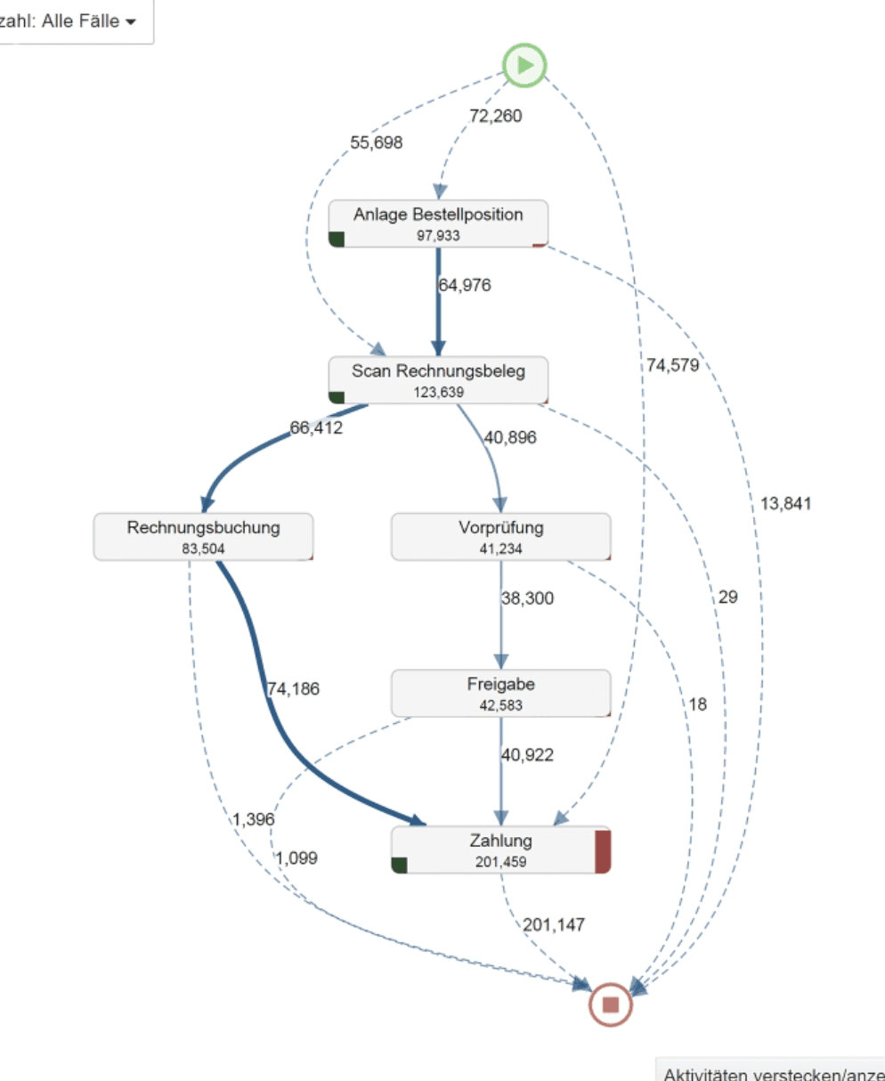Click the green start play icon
524,65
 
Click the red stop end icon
611,1004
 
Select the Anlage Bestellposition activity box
438,224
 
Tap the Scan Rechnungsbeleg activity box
438,380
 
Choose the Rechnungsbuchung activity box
203,537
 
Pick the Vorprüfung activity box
500,537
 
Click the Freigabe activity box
500,694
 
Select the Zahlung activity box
500,850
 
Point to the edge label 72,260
496,116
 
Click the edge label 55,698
376,142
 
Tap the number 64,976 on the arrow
465,286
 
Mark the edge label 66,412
316,428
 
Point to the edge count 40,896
510,437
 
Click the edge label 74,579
672,364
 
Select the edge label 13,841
785,504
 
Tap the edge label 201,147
554,925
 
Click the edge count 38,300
527,599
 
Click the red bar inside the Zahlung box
603,850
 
